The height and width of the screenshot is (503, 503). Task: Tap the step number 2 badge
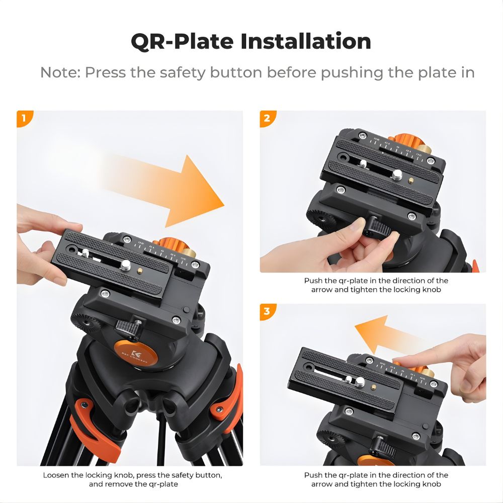[267, 118]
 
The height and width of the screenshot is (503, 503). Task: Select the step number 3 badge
[267, 311]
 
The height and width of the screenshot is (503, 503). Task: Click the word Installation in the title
[305, 41]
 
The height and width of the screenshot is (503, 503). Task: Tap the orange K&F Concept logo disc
[134, 352]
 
